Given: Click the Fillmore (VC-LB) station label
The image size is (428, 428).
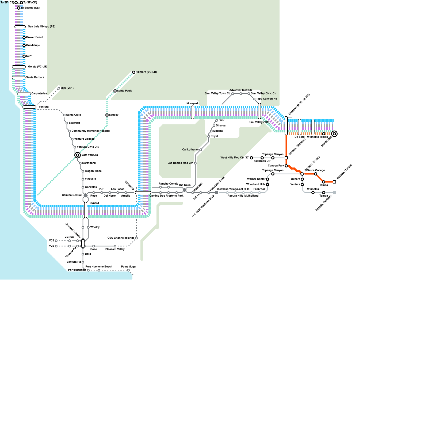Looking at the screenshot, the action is point(146,72).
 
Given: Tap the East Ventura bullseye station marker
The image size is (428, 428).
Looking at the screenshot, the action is point(78,155).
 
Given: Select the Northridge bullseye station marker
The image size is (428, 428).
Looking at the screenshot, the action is point(334,134).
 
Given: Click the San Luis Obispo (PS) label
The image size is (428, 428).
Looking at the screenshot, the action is point(41,27).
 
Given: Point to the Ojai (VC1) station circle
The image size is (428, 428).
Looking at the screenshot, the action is point(59,88).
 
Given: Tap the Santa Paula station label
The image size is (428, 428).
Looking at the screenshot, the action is point(124,91).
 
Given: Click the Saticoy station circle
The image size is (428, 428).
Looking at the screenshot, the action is point(107,115).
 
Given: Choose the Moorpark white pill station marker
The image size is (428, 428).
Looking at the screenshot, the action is point(193,112).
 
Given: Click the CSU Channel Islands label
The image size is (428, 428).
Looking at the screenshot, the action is point(121,238).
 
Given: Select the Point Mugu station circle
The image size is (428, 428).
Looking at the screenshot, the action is point(128,270).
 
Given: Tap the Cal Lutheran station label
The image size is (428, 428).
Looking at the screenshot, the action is point(190,150).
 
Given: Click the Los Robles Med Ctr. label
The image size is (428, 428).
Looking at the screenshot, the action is point(180,163).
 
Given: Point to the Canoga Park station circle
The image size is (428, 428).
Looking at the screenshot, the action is point(286,166).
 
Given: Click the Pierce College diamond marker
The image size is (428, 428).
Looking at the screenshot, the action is point(302,174).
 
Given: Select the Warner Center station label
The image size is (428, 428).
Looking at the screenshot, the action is point(256,179).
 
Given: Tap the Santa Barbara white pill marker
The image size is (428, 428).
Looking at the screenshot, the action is point(19,78).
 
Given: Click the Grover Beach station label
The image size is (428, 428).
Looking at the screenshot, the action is point(35,37).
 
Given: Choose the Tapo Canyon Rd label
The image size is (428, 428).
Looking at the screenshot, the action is point(266,99).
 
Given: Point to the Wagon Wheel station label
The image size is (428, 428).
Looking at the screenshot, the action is point(93,171).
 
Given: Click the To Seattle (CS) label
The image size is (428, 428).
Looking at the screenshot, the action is point(30,8).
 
